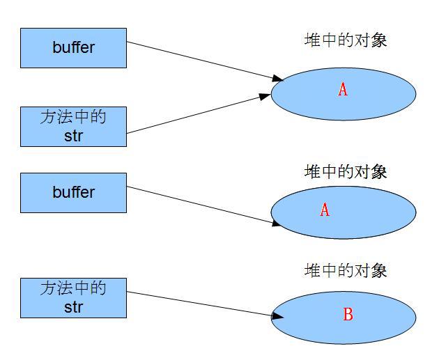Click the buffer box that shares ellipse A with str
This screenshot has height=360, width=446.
(x=73, y=48)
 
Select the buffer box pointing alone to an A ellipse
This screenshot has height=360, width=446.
(x=73, y=192)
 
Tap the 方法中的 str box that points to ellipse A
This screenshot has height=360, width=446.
(x=73, y=126)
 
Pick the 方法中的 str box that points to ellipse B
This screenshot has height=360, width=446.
(x=73, y=297)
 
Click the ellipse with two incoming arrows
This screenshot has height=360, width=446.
(x=343, y=92)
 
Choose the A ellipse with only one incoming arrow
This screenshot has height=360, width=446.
(x=343, y=212)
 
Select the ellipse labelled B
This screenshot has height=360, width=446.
(x=343, y=317)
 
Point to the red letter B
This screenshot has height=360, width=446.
(x=348, y=315)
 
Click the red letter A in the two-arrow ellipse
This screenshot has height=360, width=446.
(x=342, y=89)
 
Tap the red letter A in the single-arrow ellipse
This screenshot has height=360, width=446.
(x=324, y=210)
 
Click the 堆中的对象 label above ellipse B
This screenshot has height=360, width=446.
(x=346, y=270)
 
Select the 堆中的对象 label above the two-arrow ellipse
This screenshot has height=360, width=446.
(x=346, y=40)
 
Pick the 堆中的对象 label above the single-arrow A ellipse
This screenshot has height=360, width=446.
(x=346, y=171)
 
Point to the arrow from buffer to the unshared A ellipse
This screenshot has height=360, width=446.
(x=202, y=205)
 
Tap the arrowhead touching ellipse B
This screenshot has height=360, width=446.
(x=277, y=315)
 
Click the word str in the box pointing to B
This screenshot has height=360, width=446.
(x=73, y=306)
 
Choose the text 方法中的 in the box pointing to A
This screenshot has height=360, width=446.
(x=73, y=117)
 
